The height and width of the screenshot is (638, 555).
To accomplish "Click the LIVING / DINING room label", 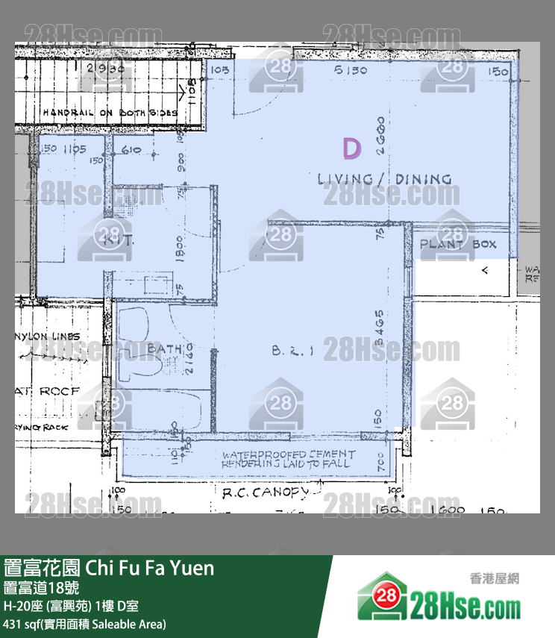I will (384, 179).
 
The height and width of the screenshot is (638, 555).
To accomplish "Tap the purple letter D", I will (351, 148).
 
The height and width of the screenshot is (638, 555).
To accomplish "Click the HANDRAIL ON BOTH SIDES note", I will (110, 113).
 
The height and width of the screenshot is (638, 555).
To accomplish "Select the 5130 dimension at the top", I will (351, 70).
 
